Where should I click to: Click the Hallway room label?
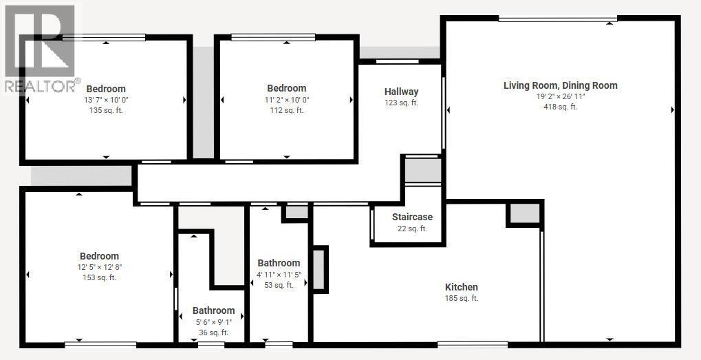pyautogui.click(x=401, y=92)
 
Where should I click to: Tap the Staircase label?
pyautogui.click(x=412, y=217)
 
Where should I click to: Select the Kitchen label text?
pyautogui.click(x=461, y=287)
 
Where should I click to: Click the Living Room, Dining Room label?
pyautogui.click(x=560, y=85)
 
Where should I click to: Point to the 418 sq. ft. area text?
pyautogui.click(x=560, y=107)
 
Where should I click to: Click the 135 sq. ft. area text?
pyautogui.click(x=106, y=110)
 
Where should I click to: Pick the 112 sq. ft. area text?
pyautogui.click(x=286, y=110)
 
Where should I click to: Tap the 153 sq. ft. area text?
pyautogui.click(x=99, y=277)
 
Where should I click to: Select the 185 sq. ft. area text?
pyautogui.click(x=461, y=298)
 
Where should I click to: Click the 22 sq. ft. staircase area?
pyautogui.click(x=412, y=229)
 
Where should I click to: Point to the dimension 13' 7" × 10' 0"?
pyautogui.click(x=106, y=100)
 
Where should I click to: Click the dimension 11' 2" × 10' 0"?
pyautogui.click(x=286, y=99)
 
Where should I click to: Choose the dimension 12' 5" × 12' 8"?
pyautogui.click(x=99, y=267)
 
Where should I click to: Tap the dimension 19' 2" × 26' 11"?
pyautogui.click(x=560, y=96)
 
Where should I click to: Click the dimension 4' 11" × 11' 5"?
pyautogui.click(x=279, y=274)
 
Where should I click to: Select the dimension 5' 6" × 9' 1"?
pyautogui.click(x=213, y=321)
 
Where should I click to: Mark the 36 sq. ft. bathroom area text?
pyautogui.click(x=213, y=332)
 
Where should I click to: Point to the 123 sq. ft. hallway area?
pyautogui.click(x=401, y=103)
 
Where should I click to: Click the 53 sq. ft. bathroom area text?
pyautogui.click(x=279, y=285)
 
